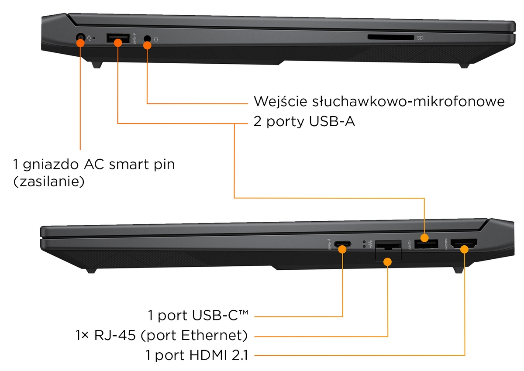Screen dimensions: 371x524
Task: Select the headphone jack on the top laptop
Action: tap(148, 39)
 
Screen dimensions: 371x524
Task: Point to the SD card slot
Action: tap(390, 38)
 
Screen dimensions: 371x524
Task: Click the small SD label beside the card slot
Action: tap(420, 38)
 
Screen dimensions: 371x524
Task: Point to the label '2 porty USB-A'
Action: tap(304, 121)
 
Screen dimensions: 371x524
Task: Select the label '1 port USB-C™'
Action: tap(198, 315)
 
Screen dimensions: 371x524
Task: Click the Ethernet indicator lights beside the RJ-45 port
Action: tap(365, 244)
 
